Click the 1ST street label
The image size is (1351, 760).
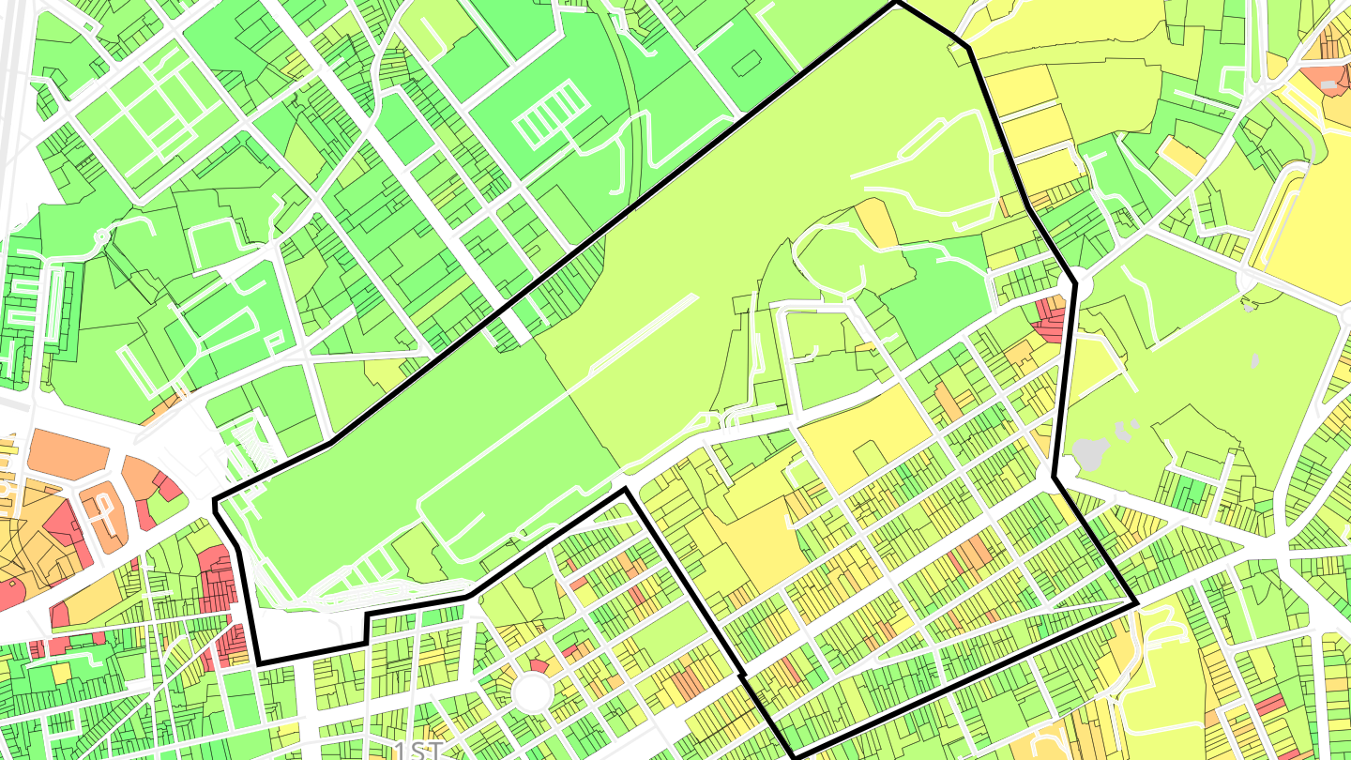pyautogui.click(x=418, y=750)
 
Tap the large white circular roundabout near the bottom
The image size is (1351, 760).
pyautogui.click(x=533, y=692)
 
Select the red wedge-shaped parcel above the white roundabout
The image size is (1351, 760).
pyautogui.click(x=539, y=666)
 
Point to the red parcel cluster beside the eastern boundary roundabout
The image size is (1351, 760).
pyautogui.click(x=1051, y=317)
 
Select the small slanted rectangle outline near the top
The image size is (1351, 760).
pyautogui.click(x=748, y=64)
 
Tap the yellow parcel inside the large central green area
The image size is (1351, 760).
pyautogui.click(x=877, y=223)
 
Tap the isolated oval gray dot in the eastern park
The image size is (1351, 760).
pyautogui.click(x=1255, y=359)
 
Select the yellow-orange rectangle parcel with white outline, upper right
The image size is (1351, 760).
pyautogui.click(x=1181, y=156)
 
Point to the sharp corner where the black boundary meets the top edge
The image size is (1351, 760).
pyautogui.click(x=896, y=3)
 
